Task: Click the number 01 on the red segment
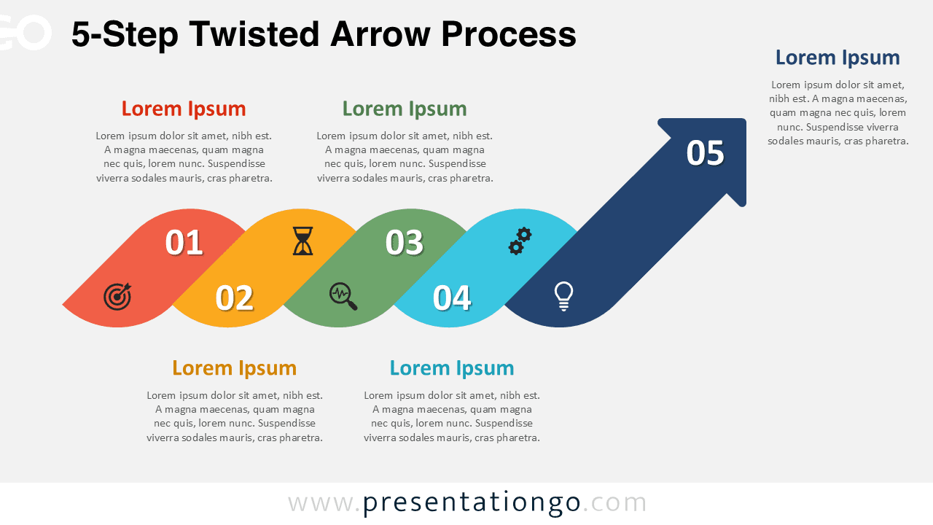coord(184,243)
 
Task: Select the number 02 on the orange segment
coord(234,298)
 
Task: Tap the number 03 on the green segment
coord(405,243)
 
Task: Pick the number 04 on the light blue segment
coord(452,298)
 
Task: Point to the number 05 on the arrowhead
coord(705,153)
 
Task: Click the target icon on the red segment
coord(117,296)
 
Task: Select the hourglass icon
coord(302,241)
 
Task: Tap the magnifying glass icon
coord(343,296)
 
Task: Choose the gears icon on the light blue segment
coord(520,241)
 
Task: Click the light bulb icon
coord(563,296)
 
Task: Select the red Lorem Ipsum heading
coord(184,109)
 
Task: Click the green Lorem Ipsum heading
coord(405,109)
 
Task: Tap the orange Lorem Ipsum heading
coord(234,367)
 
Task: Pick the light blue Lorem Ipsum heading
coord(452,367)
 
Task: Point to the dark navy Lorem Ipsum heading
coord(838,58)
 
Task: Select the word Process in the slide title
coord(509,34)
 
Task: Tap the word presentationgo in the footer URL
coord(472,502)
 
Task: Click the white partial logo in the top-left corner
coord(26,33)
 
